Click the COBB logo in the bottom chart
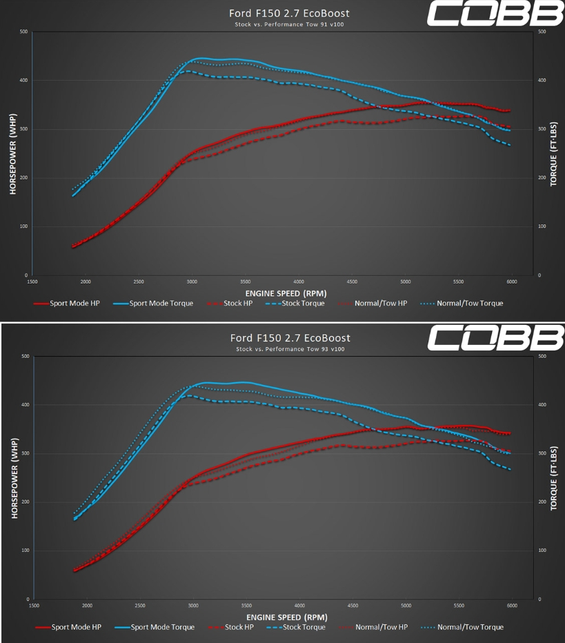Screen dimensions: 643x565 [x=495, y=338]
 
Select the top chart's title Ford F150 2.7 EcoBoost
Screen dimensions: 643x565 [x=289, y=13]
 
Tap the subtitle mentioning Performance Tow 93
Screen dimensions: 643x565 [x=289, y=349]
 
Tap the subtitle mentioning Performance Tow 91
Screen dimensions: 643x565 [x=289, y=25]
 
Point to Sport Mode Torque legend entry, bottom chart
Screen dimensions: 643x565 [x=155, y=627]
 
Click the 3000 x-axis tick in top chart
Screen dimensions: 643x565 [x=192, y=281]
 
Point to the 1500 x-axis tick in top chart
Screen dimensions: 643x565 [x=32, y=281]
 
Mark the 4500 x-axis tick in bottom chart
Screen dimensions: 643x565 [x=353, y=606]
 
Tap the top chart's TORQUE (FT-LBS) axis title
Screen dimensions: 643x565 [x=553, y=153]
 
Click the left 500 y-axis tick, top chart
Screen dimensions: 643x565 [x=23, y=32]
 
